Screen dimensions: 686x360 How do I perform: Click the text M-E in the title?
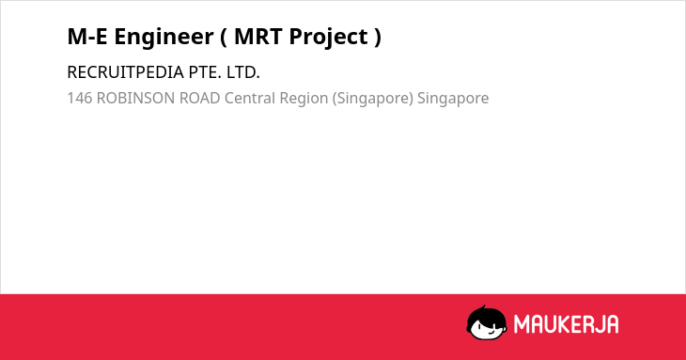(87, 37)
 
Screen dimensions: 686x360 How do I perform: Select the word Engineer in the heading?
(164, 38)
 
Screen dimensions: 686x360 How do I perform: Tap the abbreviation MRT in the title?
(258, 37)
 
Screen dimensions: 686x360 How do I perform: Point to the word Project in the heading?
(328, 38)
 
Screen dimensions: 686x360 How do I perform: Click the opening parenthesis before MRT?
(223, 38)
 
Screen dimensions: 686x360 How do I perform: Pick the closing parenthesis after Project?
(378, 38)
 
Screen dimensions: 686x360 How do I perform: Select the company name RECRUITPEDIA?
(126, 72)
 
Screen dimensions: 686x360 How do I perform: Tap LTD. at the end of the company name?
(243, 72)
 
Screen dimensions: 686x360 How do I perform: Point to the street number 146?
(80, 98)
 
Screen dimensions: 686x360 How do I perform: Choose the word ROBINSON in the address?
(135, 98)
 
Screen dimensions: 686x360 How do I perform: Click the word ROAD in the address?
(200, 98)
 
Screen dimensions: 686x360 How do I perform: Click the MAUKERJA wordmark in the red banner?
(566, 324)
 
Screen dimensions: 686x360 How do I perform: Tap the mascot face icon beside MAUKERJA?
(487, 322)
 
